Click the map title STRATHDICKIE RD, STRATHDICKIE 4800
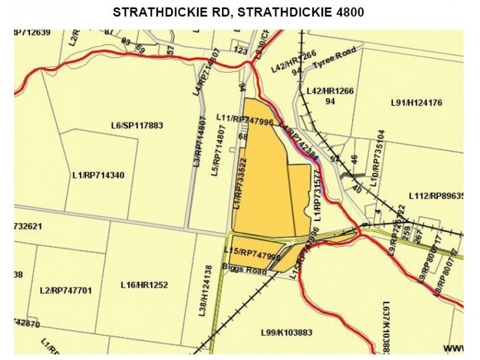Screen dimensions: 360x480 click(239, 13)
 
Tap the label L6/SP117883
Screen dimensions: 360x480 click(137, 125)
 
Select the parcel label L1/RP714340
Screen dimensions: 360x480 click(98, 175)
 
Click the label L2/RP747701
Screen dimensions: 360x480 click(65, 290)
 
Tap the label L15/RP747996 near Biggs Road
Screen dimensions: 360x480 click(252, 253)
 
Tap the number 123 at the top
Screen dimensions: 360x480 click(241, 52)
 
